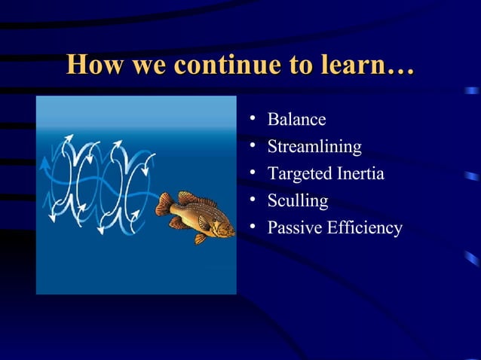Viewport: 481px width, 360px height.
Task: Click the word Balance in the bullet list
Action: [x=296, y=120]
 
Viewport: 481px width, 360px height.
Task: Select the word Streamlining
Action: [x=314, y=147]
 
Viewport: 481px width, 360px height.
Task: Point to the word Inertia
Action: [x=359, y=174]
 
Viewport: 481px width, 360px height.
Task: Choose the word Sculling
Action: [x=298, y=201]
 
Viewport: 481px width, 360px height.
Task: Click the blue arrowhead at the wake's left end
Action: [x=44, y=163]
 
